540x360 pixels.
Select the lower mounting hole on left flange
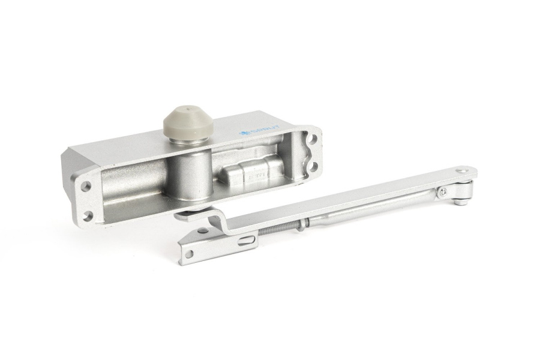(89, 215)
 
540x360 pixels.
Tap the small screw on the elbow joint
(443, 192)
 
